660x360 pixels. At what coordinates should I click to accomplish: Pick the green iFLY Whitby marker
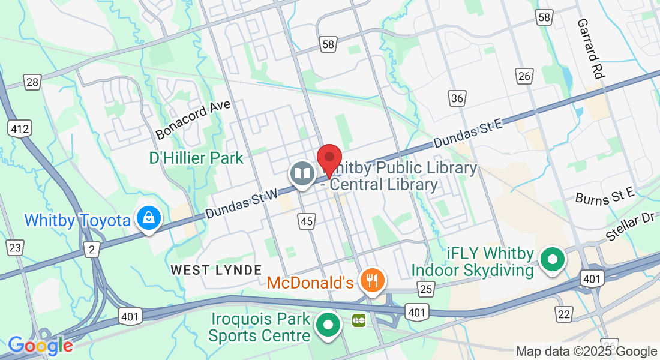coord(553,260)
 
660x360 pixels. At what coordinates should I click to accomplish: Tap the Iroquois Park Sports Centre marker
coord(328,325)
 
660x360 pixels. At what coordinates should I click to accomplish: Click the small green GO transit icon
coord(359,320)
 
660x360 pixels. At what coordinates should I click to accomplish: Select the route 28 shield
coord(32,82)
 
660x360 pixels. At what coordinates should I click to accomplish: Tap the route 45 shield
coord(307,221)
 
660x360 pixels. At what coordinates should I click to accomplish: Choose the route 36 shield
coord(457,98)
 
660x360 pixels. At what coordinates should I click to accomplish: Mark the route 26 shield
coord(524,76)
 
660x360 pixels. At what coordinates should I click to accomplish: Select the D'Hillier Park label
coord(196,158)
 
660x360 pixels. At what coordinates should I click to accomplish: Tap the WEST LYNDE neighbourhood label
coord(216,270)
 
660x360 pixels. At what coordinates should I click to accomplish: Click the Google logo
coord(40,345)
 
